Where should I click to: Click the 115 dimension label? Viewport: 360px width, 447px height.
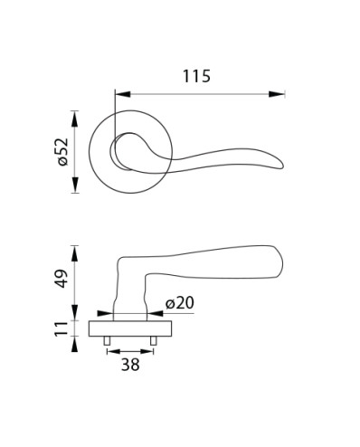196,76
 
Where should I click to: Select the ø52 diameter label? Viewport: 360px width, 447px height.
63,152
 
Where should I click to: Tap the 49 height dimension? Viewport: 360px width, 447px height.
62,279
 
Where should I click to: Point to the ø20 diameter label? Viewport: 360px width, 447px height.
180,303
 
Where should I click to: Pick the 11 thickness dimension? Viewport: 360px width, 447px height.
62,328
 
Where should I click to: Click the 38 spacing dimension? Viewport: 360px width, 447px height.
130,365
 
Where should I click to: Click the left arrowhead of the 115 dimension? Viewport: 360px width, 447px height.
123,94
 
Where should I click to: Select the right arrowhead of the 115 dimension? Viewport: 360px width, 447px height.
277,94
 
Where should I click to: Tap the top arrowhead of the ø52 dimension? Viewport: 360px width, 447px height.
75,119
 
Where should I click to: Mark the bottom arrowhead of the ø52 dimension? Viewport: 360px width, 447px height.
75,185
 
